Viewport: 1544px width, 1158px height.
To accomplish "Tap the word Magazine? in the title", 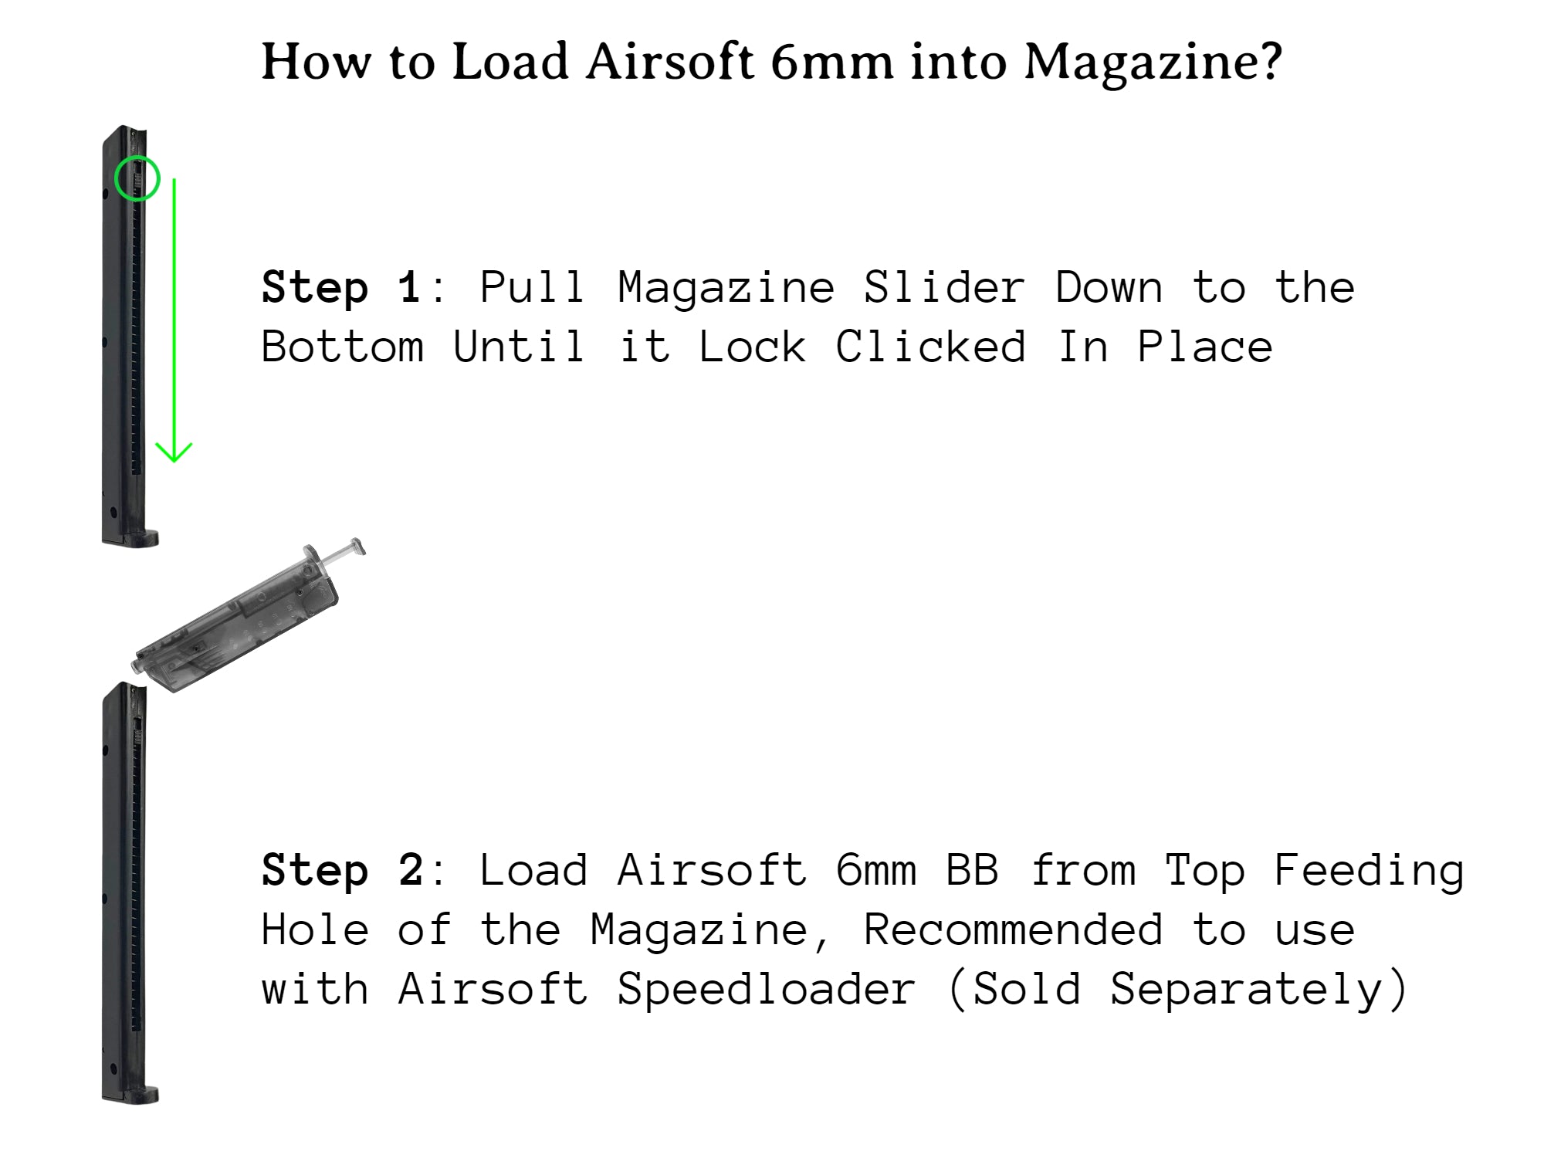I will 1153,62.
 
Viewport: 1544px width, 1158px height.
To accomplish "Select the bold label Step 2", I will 341,871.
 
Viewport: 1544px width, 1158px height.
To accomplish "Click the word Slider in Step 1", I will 943,288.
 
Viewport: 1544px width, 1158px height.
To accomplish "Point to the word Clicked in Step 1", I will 930,347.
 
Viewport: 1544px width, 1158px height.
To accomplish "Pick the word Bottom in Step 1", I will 342,347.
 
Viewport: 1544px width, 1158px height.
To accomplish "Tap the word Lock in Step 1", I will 752,347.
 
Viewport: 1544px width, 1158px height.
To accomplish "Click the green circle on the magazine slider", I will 137,178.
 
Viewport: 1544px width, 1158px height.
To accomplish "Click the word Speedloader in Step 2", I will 766,990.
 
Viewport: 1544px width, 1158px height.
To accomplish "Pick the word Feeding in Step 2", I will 1368,871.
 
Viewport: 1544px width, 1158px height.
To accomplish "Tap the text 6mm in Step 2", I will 876,871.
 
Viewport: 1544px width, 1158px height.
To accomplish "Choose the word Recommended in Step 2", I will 1012,930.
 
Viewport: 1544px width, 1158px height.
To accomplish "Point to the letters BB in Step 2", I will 972,871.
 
